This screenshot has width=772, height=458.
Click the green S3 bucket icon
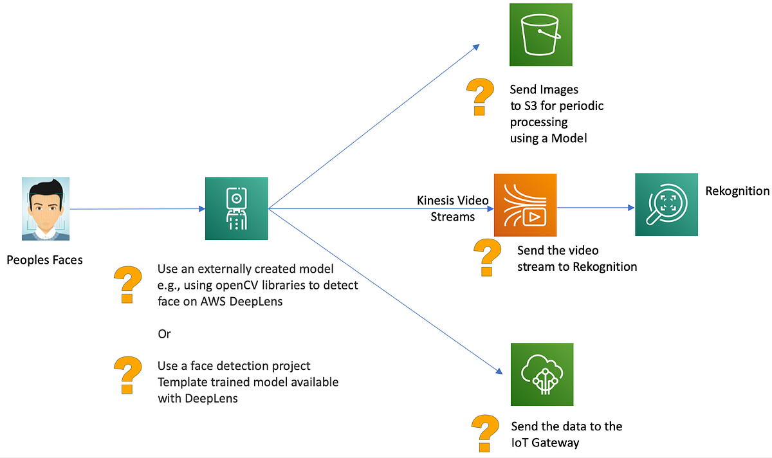click(x=541, y=35)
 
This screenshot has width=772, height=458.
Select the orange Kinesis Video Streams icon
click(x=525, y=205)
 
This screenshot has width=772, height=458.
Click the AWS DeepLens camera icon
click(x=236, y=209)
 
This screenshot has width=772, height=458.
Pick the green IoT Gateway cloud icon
click(x=542, y=374)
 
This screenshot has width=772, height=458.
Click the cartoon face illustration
click(x=45, y=208)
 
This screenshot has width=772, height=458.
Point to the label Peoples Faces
click(x=45, y=261)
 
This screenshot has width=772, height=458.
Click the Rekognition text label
click(x=737, y=191)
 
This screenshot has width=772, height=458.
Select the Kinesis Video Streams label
click(x=453, y=208)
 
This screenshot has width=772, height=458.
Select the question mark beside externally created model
click(x=127, y=284)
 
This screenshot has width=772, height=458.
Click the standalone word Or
click(x=164, y=334)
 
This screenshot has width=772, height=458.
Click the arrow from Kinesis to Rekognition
click(x=595, y=208)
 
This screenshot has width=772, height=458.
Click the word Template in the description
click(x=181, y=382)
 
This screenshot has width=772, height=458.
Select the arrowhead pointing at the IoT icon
click(x=499, y=371)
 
